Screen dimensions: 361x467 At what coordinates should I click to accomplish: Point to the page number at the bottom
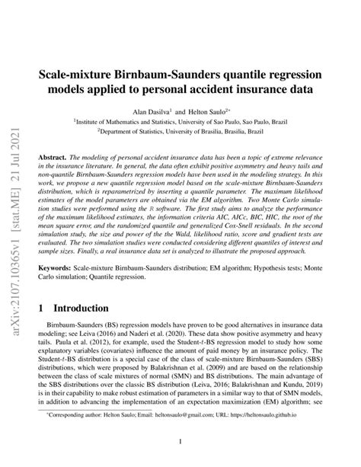point(180,440)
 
